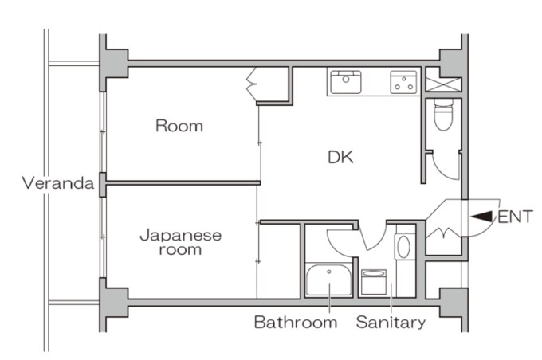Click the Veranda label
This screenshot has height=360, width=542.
click(x=58, y=182)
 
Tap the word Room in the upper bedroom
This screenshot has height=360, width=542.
click(x=179, y=126)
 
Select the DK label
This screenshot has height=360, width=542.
click(x=340, y=158)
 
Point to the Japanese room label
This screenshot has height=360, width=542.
click(x=180, y=242)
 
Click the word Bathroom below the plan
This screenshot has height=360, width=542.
click(x=296, y=323)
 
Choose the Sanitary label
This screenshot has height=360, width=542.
click(x=391, y=323)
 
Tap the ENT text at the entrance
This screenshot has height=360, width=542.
click(x=515, y=217)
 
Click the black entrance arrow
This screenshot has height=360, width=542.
click(x=481, y=217)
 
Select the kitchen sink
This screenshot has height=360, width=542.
click(x=346, y=82)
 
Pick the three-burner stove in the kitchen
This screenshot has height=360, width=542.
click(x=403, y=82)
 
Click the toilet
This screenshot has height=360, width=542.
click(x=443, y=115)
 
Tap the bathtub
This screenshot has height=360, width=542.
click(x=328, y=280)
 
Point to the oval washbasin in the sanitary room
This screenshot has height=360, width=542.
click(x=403, y=247)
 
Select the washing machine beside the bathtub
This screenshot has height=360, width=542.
click(x=374, y=282)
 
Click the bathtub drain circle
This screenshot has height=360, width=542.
click(x=329, y=272)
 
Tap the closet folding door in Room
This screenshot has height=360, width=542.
click(x=253, y=84)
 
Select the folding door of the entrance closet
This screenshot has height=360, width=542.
click(x=443, y=233)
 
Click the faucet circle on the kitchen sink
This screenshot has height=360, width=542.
click(x=346, y=79)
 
